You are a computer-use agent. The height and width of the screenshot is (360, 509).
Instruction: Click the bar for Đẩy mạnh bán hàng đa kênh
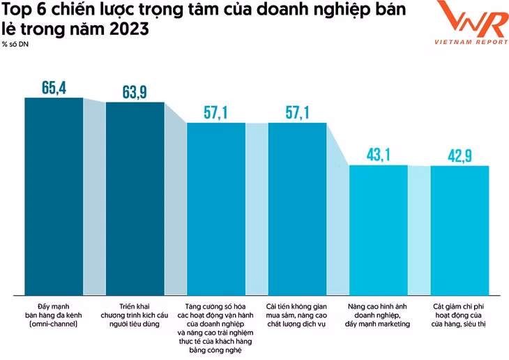(54, 195)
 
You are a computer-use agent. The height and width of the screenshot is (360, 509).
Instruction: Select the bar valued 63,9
(135, 198)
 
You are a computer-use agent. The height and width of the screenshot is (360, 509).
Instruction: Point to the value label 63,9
(135, 92)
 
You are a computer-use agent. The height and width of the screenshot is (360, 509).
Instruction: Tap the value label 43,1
(378, 155)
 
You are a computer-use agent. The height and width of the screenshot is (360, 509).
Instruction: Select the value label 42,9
(459, 155)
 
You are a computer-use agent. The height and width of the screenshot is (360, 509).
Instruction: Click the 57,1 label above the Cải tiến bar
(297, 112)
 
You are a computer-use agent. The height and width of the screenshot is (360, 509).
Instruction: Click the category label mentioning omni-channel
(54, 315)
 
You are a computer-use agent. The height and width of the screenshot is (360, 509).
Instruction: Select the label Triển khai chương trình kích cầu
(135, 315)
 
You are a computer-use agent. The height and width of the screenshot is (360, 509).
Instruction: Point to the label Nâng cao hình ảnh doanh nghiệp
(378, 315)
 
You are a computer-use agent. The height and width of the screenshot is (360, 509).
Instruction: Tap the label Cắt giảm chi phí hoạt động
(459, 315)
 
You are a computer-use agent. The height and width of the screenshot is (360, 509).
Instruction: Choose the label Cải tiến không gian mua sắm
(297, 315)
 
